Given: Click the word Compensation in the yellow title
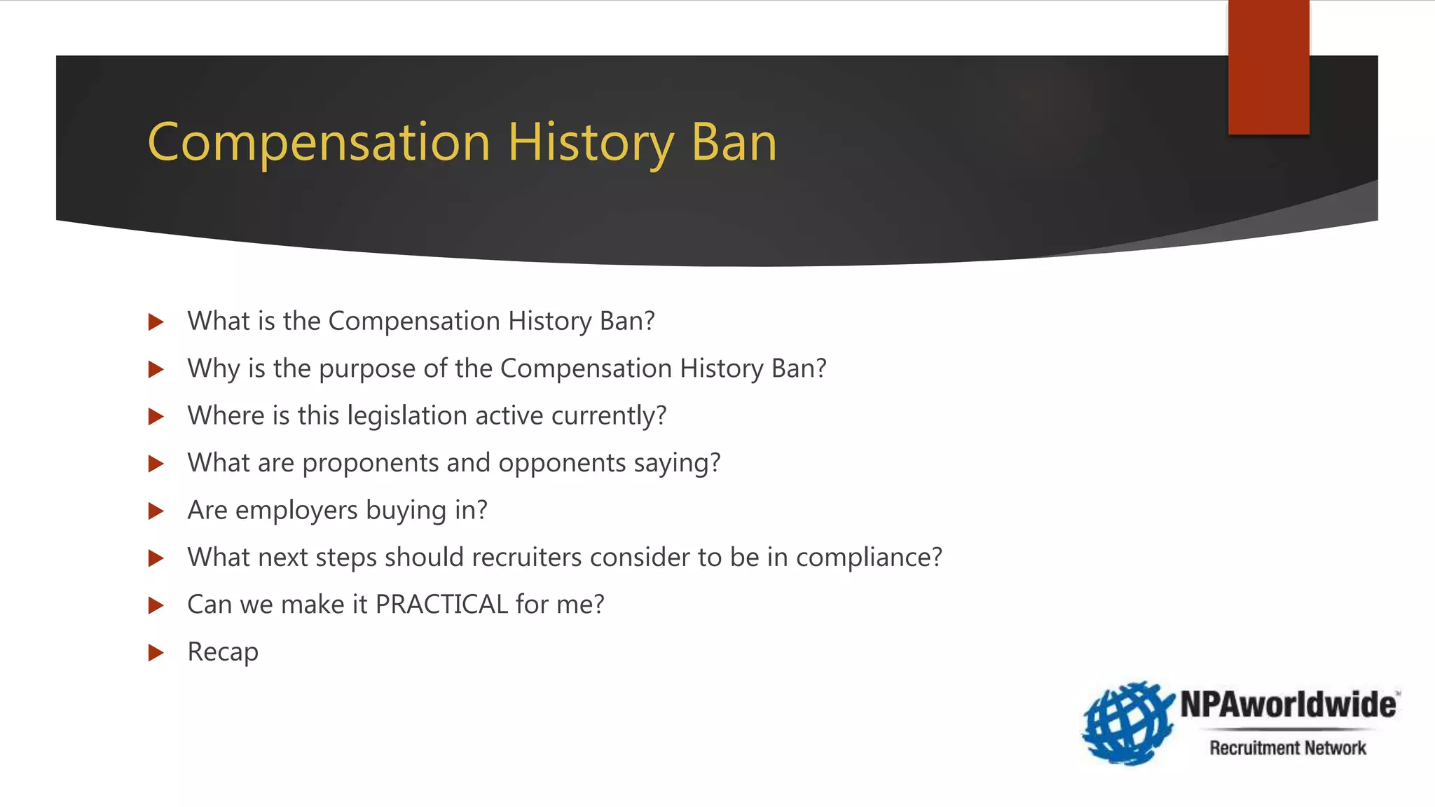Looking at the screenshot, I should click(x=319, y=143).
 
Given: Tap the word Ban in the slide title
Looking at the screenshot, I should click(x=734, y=143).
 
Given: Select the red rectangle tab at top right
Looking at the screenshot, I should click(x=1268, y=67).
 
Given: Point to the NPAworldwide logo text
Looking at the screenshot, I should click(x=1288, y=704).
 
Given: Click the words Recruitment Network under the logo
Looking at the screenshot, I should click(x=1287, y=748).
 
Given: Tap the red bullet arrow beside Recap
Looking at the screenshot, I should click(x=156, y=653).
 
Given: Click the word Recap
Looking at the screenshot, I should click(x=223, y=652).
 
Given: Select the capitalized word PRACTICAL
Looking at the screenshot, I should click(x=441, y=605).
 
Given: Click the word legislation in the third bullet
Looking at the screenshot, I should click(x=407, y=416).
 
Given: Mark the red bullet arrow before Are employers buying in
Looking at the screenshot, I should click(x=156, y=511).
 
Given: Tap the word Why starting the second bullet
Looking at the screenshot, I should click(x=213, y=369).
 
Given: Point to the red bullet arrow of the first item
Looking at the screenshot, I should click(x=156, y=322).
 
